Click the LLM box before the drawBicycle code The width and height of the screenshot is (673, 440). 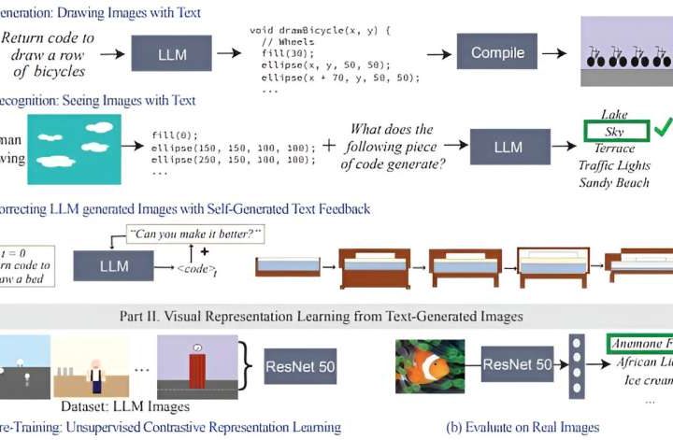pos(173,54)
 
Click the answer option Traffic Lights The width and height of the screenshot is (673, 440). pos(614,164)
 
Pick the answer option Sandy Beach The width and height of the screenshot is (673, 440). pos(614,181)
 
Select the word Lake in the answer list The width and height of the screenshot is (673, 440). pos(614,114)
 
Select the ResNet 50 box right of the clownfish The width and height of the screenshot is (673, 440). pos(516,363)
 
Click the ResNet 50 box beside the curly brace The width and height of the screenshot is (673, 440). pos(300,363)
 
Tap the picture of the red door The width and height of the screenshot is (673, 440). pos(198,367)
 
